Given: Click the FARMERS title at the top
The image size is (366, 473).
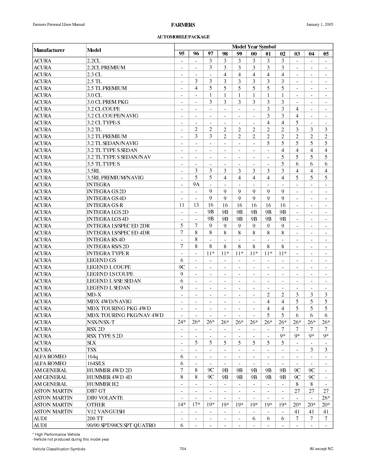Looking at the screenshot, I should (x=183, y=25).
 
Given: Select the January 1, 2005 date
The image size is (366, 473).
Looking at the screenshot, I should (x=319, y=25).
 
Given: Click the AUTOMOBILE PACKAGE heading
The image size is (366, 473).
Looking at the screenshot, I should (x=183, y=37).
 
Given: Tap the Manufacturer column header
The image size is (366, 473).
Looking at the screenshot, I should (x=49, y=50).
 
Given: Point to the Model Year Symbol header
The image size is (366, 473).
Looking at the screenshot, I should (x=253, y=47).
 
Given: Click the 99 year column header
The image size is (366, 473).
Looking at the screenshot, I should (x=239, y=54).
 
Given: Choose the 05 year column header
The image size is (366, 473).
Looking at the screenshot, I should (x=326, y=54).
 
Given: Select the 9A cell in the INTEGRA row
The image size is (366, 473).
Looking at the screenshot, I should (x=196, y=185).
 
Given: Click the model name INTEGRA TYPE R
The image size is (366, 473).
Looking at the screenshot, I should (x=108, y=253).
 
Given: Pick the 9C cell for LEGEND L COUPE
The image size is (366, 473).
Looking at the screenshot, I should (x=181, y=267).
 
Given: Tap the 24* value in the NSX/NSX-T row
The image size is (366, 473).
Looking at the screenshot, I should (x=181, y=322).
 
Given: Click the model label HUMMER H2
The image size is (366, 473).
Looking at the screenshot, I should (x=103, y=384).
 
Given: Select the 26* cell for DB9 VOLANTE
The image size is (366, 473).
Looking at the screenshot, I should (x=326, y=398).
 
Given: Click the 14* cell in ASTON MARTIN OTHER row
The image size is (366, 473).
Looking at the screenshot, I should (x=181, y=405).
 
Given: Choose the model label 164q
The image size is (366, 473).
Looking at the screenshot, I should (x=92, y=357).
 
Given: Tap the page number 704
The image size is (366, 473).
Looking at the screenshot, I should (x=183, y=449).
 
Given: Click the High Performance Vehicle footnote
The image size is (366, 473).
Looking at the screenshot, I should (x=57, y=434).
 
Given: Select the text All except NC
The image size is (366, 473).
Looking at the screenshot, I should (x=321, y=449).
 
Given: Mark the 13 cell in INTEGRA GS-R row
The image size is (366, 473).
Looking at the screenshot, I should (x=196, y=205).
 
